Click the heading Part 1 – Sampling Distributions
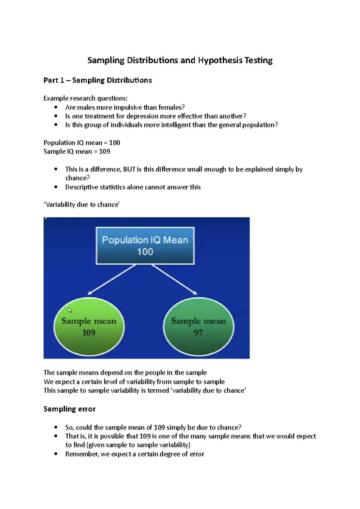click(97, 80)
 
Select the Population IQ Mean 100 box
click(145, 246)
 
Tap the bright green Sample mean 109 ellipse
click(89, 327)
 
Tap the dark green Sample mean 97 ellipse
click(199, 327)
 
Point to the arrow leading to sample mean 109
click(112, 279)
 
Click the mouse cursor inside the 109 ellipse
click(70, 310)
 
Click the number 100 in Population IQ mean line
click(115, 143)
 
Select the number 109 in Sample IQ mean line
click(104, 151)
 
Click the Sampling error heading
click(69, 409)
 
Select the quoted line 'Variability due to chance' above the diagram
click(82, 204)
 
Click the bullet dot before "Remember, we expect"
click(56, 454)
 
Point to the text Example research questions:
click(85, 98)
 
